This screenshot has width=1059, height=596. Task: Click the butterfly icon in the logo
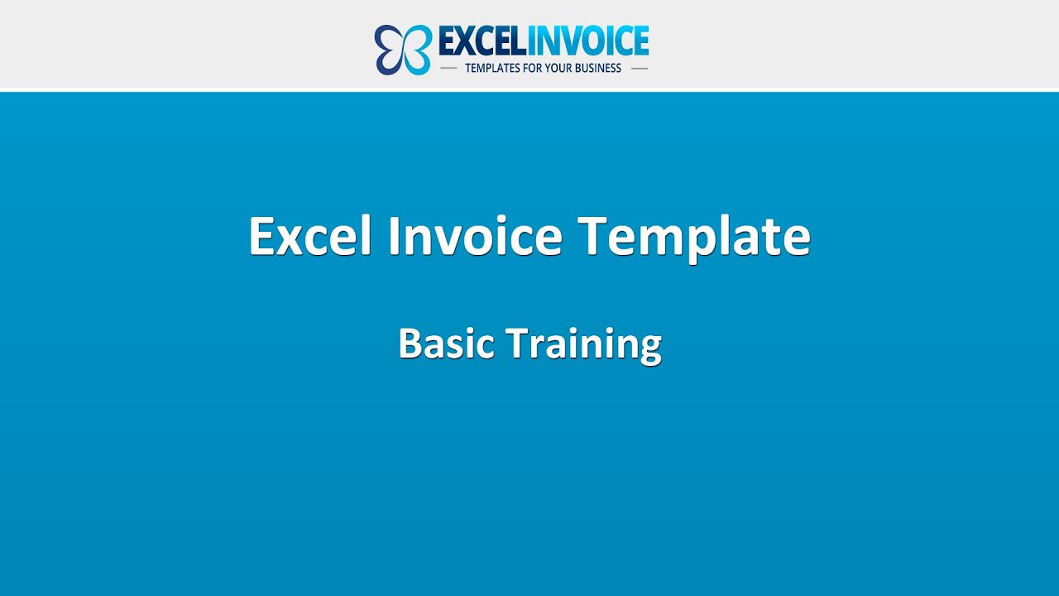pos(403,50)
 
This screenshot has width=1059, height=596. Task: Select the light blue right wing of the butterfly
pos(418,50)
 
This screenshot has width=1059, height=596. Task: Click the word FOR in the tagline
pos(539,68)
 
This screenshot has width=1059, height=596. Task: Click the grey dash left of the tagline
pos(448,68)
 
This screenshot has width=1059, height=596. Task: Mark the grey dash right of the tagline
pos(639,68)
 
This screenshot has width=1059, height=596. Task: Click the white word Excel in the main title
pos(311,236)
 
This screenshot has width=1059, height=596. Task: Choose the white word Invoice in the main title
pos(475,236)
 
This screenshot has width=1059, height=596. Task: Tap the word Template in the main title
pos(694,238)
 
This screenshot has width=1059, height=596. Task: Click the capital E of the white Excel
pos(263,236)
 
